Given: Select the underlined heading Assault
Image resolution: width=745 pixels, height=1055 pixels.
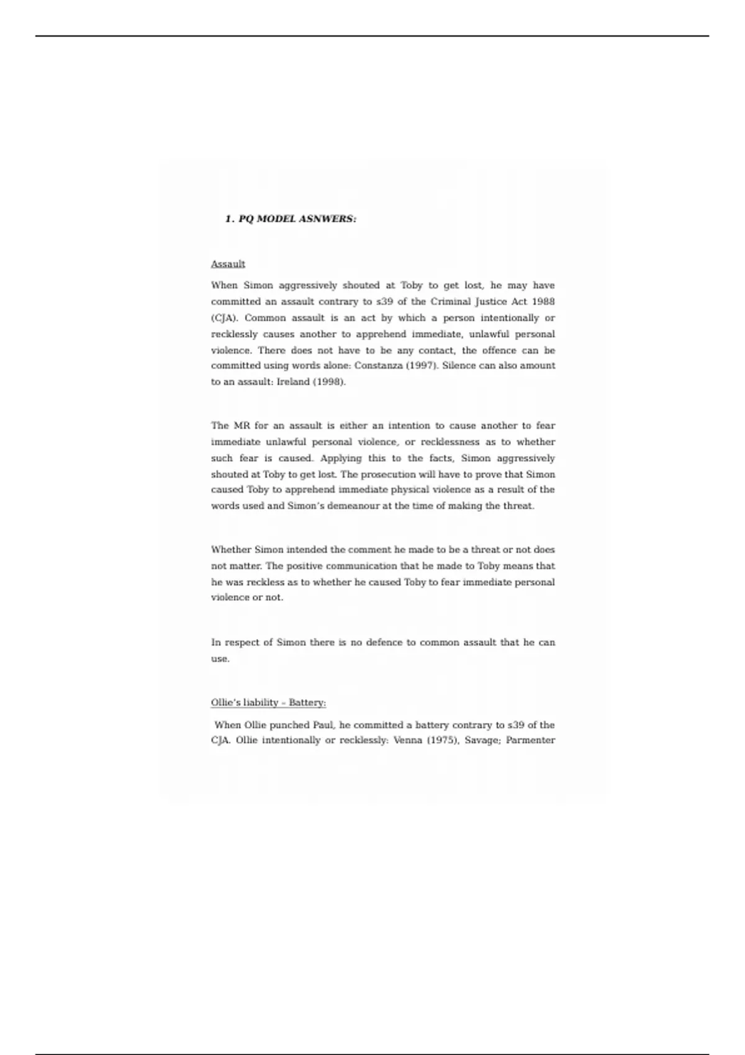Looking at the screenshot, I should (x=228, y=264).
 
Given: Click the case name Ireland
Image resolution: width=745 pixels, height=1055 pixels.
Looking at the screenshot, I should (x=293, y=382).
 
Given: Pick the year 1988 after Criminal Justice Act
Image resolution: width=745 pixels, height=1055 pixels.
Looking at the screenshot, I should (x=543, y=302).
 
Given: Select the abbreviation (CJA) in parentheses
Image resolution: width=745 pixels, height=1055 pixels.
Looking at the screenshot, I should (x=225, y=318).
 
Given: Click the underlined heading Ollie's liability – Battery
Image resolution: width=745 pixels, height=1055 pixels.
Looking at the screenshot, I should (x=268, y=703).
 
